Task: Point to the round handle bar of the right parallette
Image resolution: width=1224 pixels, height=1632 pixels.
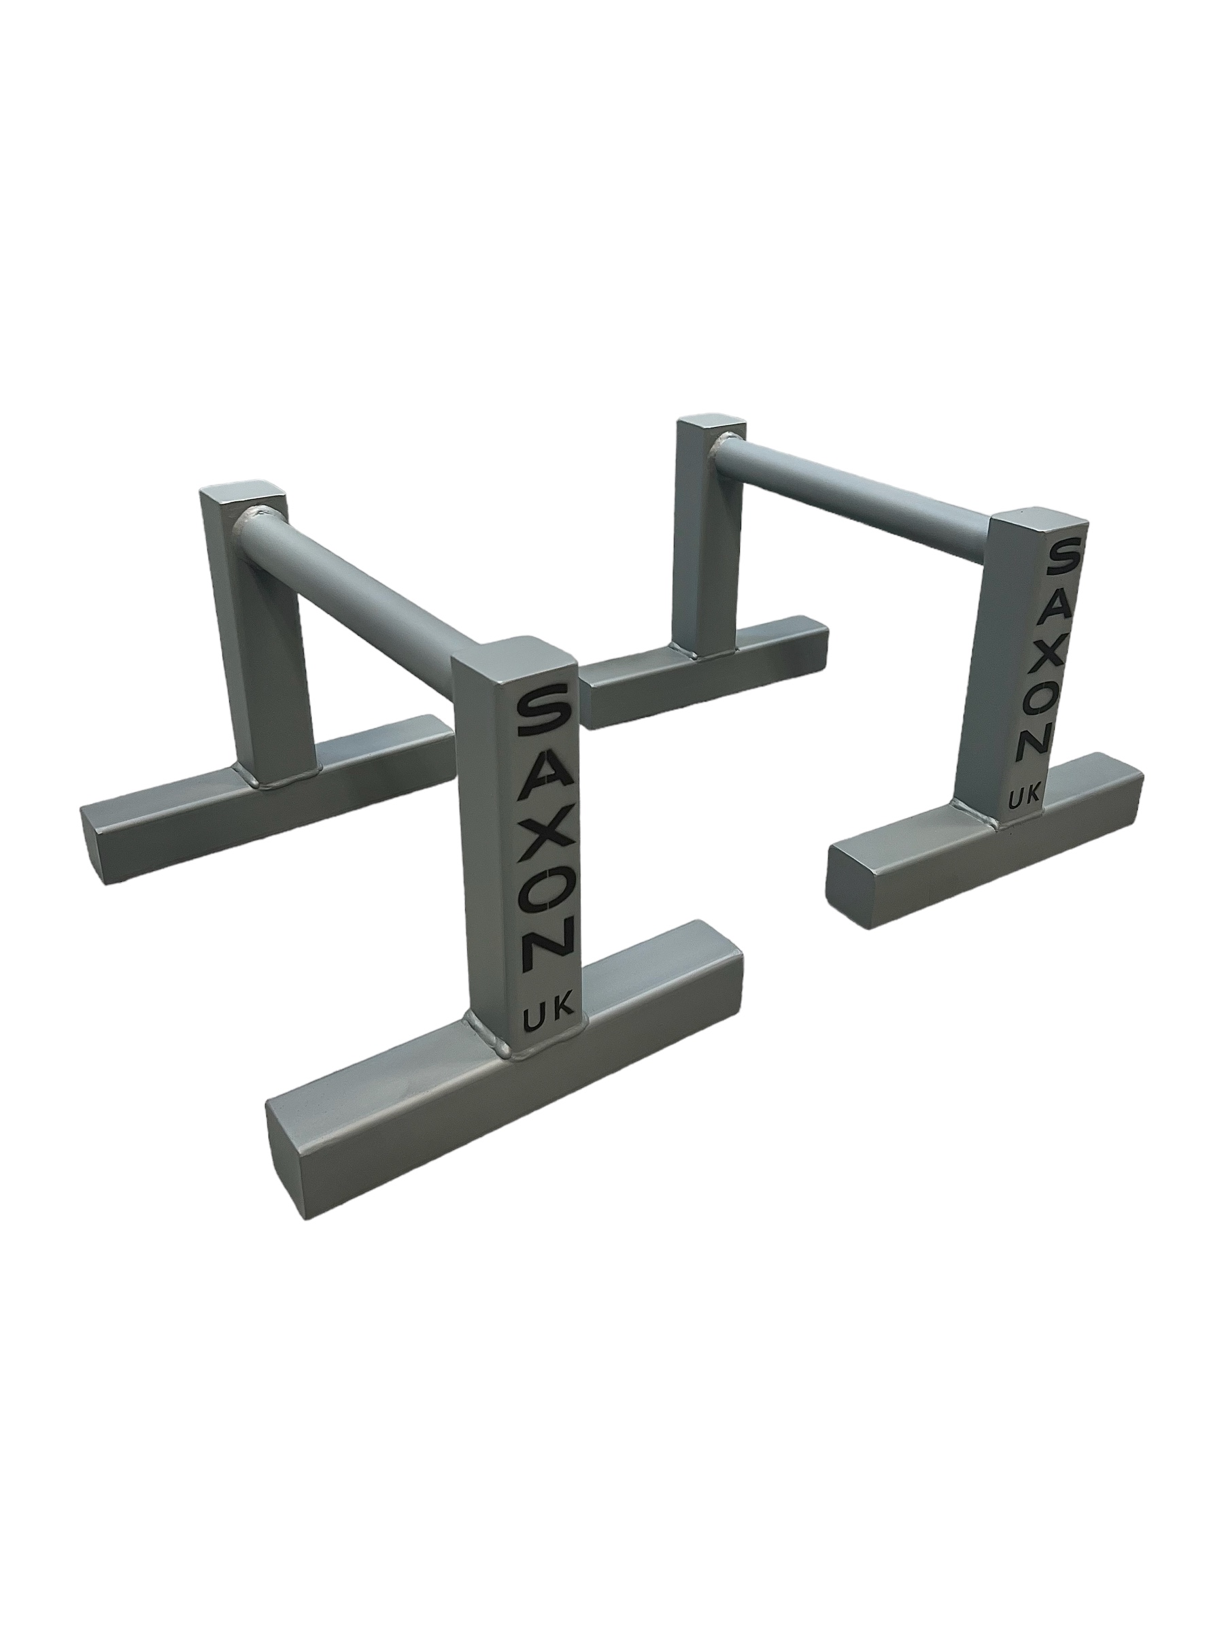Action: click(856, 485)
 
